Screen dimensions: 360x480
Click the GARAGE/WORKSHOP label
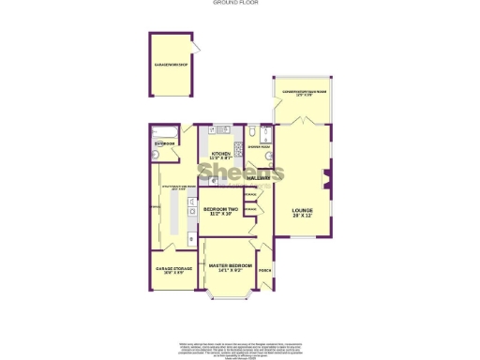coord(172,65)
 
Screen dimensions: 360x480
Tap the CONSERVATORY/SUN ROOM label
coord(300,92)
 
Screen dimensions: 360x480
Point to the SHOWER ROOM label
coord(259,146)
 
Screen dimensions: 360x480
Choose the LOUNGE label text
coord(301,210)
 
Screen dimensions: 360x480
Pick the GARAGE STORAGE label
coord(173,269)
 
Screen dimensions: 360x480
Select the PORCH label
coord(265,272)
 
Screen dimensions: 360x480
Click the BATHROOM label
coord(164,144)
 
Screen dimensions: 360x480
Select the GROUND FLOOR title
coord(239,4)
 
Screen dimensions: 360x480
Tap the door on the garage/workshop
coord(191,46)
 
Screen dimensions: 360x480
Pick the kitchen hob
coord(238,148)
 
